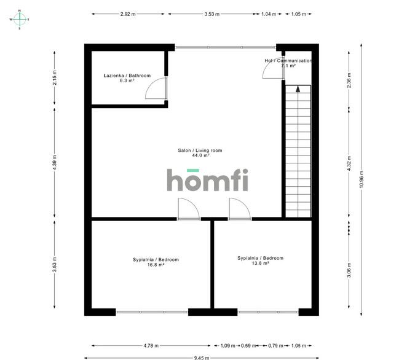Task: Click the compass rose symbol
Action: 20,19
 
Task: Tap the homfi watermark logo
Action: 208,181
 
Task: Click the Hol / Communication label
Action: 288,61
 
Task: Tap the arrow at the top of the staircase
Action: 298,89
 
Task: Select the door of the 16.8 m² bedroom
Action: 188,209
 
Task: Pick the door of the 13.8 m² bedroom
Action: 239,209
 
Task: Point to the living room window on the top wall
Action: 225,47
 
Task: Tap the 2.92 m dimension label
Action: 128,14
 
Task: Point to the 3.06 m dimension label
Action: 349,271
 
